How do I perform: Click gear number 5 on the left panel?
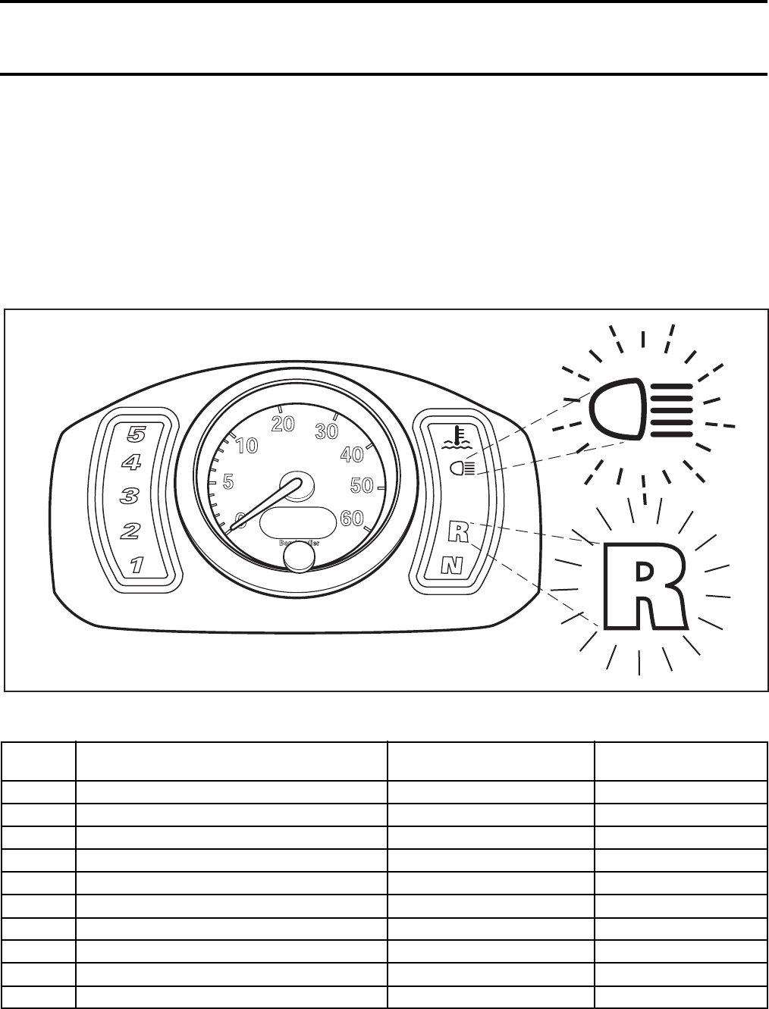tap(137, 434)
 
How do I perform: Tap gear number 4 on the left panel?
tap(133, 462)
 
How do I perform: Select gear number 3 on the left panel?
tap(130, 497)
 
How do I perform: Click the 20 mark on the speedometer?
tap(283, 425)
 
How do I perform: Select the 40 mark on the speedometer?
tap(351, 455)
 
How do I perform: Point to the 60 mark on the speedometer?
tap(352, 519)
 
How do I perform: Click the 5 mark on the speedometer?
tap(228, 481)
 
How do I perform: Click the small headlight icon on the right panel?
tap(461, 468)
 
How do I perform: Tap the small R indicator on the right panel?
tap(458, 531)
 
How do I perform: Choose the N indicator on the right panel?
tap(453, 564)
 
